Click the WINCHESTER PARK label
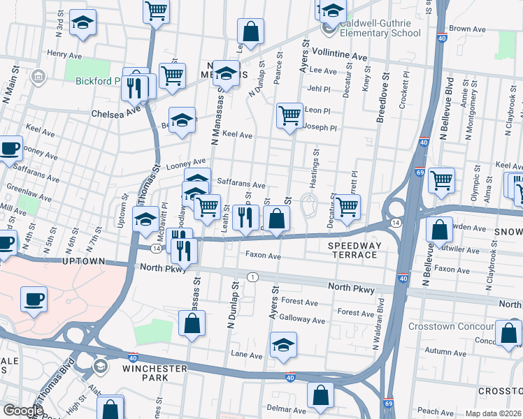pyautogui.click(x=155, y=372)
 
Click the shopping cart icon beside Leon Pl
pyautogui.click(x=289, y=115)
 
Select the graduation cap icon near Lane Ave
pyautogui.click(x=283, y=344)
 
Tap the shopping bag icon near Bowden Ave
pyautogui.click(x=438, y=230)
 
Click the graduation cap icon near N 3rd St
pyautogui.click(x=83, y=24)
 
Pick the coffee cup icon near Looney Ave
pyautogui.click(x=10, y=149)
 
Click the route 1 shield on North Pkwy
pyautogui.click(x=252, y=277)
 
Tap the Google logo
pyautogui.click(x=23, y=411)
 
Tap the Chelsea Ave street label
pyautogui.click(x=111, y=112)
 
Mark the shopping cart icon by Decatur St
pyautogui.click(x=347, y=206)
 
